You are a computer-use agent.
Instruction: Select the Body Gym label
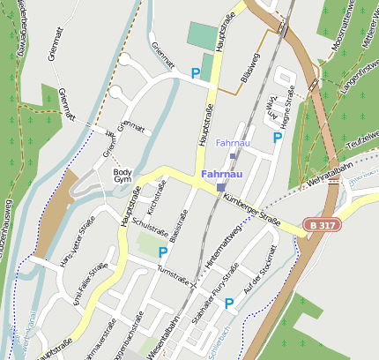click(123, 176)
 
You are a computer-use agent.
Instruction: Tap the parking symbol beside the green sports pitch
click(195, 73)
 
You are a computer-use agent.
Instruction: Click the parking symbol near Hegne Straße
click(278, 137)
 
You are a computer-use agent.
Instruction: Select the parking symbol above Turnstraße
click(162, 252)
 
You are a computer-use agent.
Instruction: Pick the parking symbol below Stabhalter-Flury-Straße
click(229, 304)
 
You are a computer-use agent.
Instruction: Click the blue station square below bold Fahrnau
click(220, 187)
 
